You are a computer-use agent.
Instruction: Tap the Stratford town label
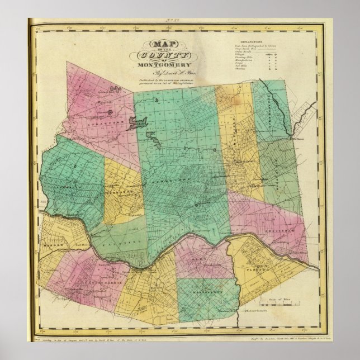pyautogui.click(x=96, y=119)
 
